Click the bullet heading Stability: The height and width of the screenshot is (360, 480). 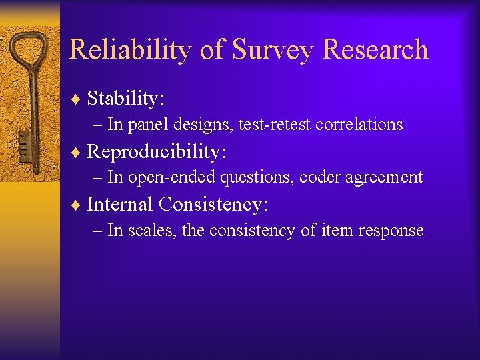pos(125,99)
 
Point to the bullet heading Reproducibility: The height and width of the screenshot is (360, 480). pos(157,151)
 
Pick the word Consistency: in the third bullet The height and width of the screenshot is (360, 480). pos(213,204)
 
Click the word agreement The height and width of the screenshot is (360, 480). pos(384,178)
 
